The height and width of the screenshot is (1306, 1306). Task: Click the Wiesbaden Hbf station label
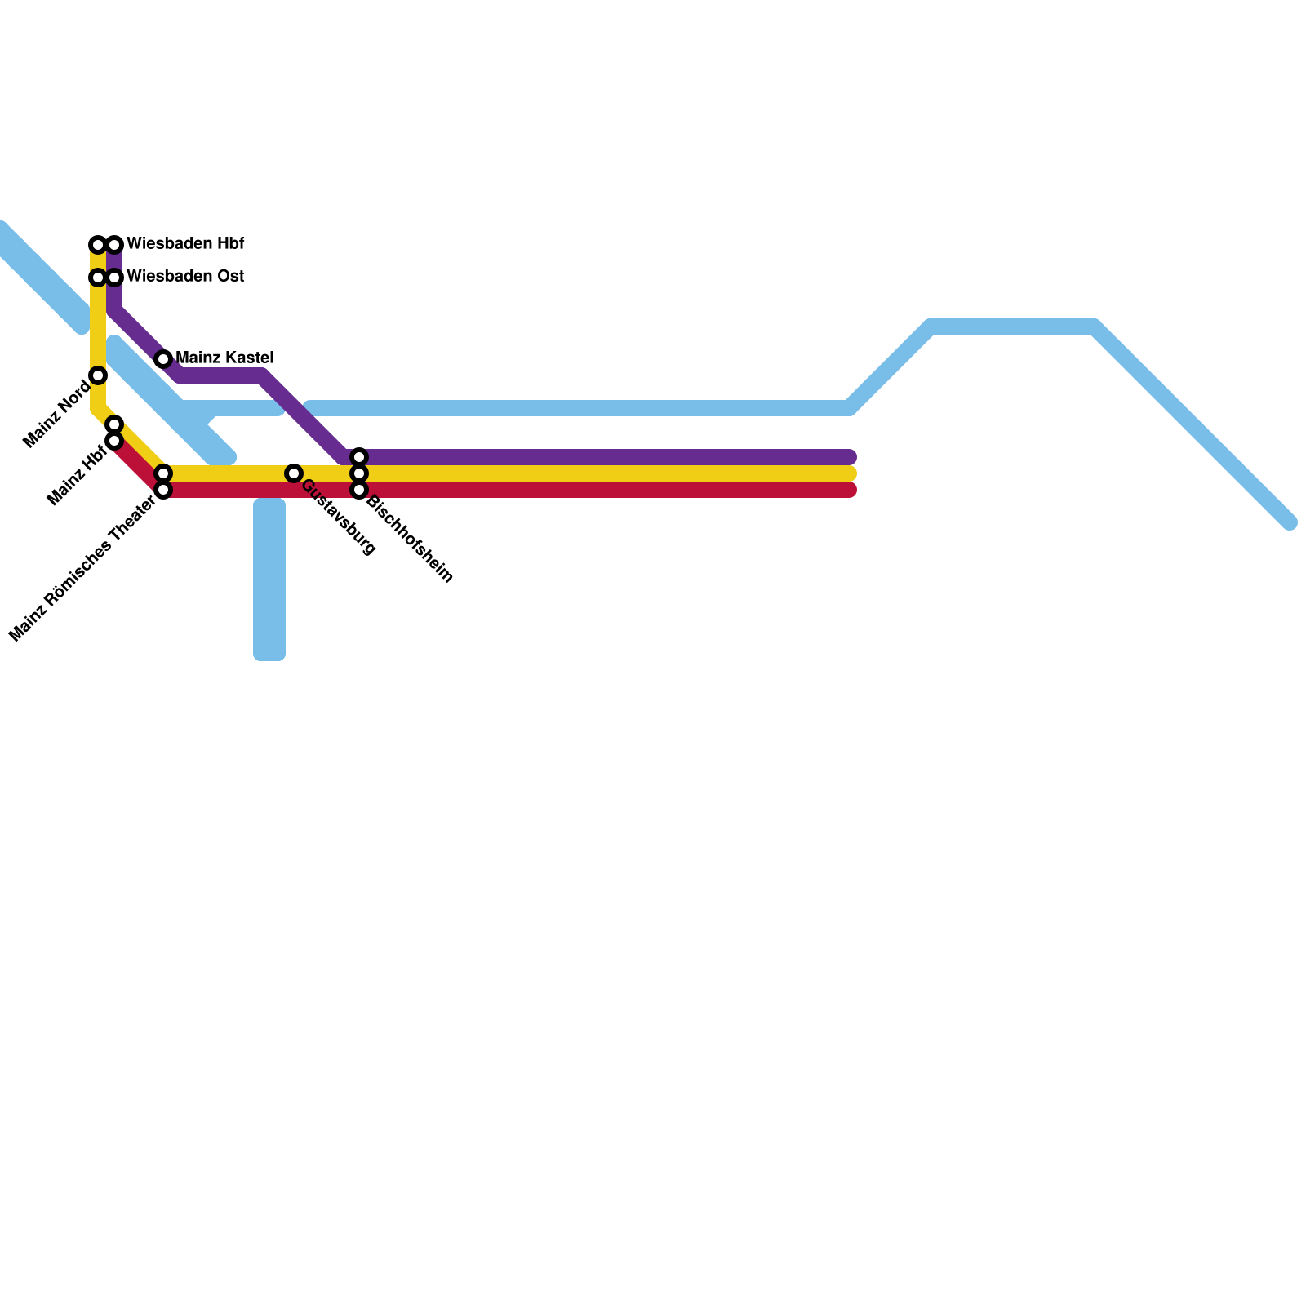(185, 244)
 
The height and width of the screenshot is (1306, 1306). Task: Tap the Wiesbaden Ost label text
(185, 277)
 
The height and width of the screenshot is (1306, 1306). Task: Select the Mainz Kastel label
(224, 358)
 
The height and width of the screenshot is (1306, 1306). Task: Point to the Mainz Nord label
(57, 415)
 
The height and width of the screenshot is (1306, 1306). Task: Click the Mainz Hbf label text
(78, 474)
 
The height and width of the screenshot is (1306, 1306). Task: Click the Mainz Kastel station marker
(163, 359)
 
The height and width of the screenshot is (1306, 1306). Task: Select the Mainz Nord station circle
(98, 375)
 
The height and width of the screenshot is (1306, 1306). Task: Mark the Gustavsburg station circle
(294, 473)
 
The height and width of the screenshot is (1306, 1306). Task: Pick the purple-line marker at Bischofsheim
(359, 457)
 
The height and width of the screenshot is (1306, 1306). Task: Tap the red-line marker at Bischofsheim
(359, 490)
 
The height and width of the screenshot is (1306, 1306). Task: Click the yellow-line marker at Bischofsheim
(359, 473)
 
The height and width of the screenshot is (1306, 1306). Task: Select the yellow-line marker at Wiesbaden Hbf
(98, 245)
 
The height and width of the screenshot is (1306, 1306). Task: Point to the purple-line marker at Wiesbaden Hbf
(115, 245)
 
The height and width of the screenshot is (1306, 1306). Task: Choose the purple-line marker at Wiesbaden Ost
(115, 278)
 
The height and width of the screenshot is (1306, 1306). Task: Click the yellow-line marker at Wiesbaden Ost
(98, 278)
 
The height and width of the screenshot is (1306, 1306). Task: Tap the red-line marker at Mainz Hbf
(114, 441)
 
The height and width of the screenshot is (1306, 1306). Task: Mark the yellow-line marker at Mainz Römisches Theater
(163, 473)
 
